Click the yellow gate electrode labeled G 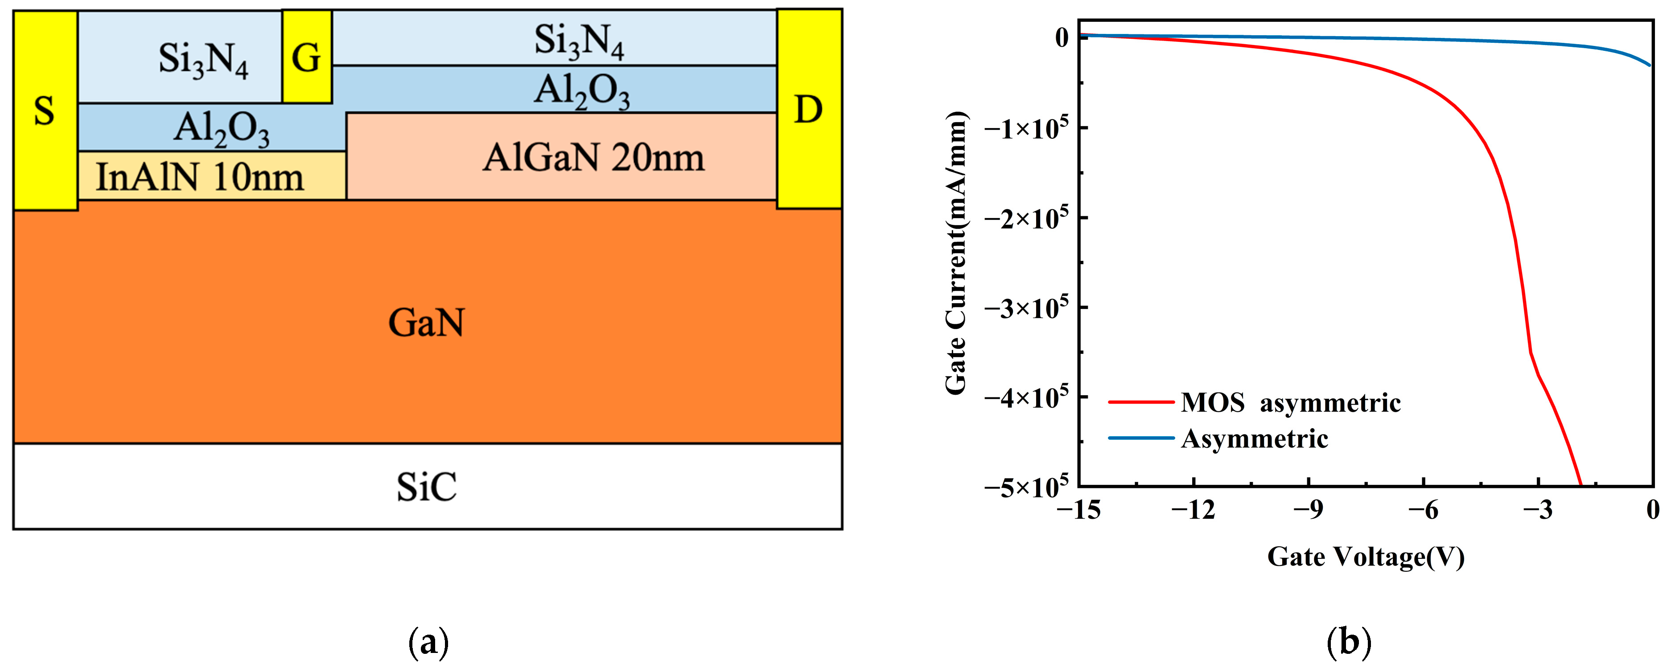tap(306, 57)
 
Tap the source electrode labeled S tap(45, 110)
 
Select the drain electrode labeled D tap(809, 109)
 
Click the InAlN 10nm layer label tap(200, 177)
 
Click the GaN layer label tap(426, 322)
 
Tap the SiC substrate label tap(426, 487)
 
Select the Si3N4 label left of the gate tap(203, 60)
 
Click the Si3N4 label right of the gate tap(579, 41)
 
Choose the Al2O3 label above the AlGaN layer tap(582, 91)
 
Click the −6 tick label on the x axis tap(1423, 510)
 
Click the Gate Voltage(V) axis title tap(1366, 557)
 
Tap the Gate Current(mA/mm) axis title tap(957, 253)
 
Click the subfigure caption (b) tap(1349, 642)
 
